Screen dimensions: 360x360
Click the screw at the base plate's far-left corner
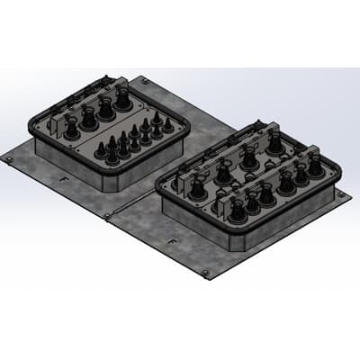(9, 159)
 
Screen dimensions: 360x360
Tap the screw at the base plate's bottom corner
(205, 273)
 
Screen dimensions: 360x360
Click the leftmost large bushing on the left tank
(69, 130)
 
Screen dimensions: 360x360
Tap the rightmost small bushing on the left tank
(167, 125)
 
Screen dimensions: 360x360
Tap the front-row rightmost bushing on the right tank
(315, 167)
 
